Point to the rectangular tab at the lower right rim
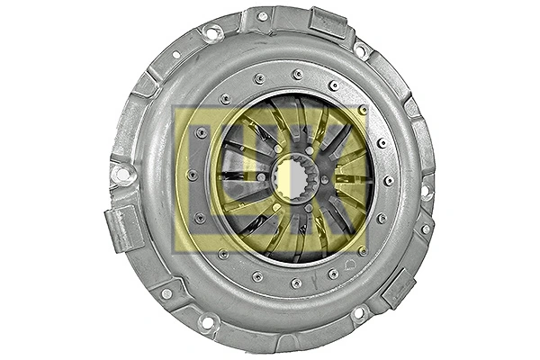(397, 287)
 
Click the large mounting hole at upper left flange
(213, 33)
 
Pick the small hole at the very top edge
(262, 15)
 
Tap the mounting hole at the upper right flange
(360, 50)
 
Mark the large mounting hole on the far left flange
(121, 174)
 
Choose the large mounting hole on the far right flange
(426, 191)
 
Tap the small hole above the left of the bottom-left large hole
(166, 293)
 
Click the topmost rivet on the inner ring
(297, 74)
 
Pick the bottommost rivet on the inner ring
(295, 283)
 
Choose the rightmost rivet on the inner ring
(389, 180)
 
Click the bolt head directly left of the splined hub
(262, 176)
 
